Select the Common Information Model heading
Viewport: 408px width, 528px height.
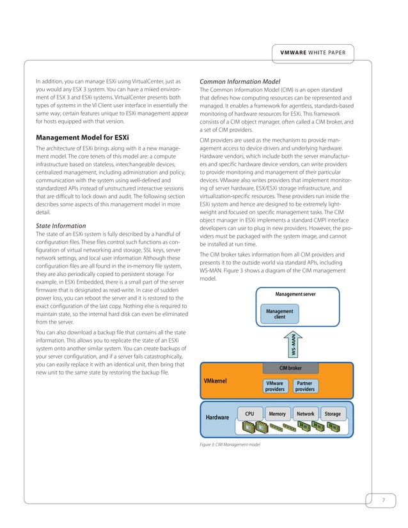point(241,81)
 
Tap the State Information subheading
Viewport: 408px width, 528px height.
point(64,226)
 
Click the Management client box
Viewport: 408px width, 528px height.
point(279,314)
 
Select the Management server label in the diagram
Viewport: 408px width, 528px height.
point(295,293)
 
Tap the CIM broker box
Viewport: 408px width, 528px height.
point(290,368)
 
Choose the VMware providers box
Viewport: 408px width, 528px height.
point(274,385)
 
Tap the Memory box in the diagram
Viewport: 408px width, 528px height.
point(277,414)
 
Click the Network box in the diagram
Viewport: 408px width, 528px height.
point(305,414)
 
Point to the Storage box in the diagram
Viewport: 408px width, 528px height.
point(333,414)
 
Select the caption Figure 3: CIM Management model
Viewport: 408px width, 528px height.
point(230,444)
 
